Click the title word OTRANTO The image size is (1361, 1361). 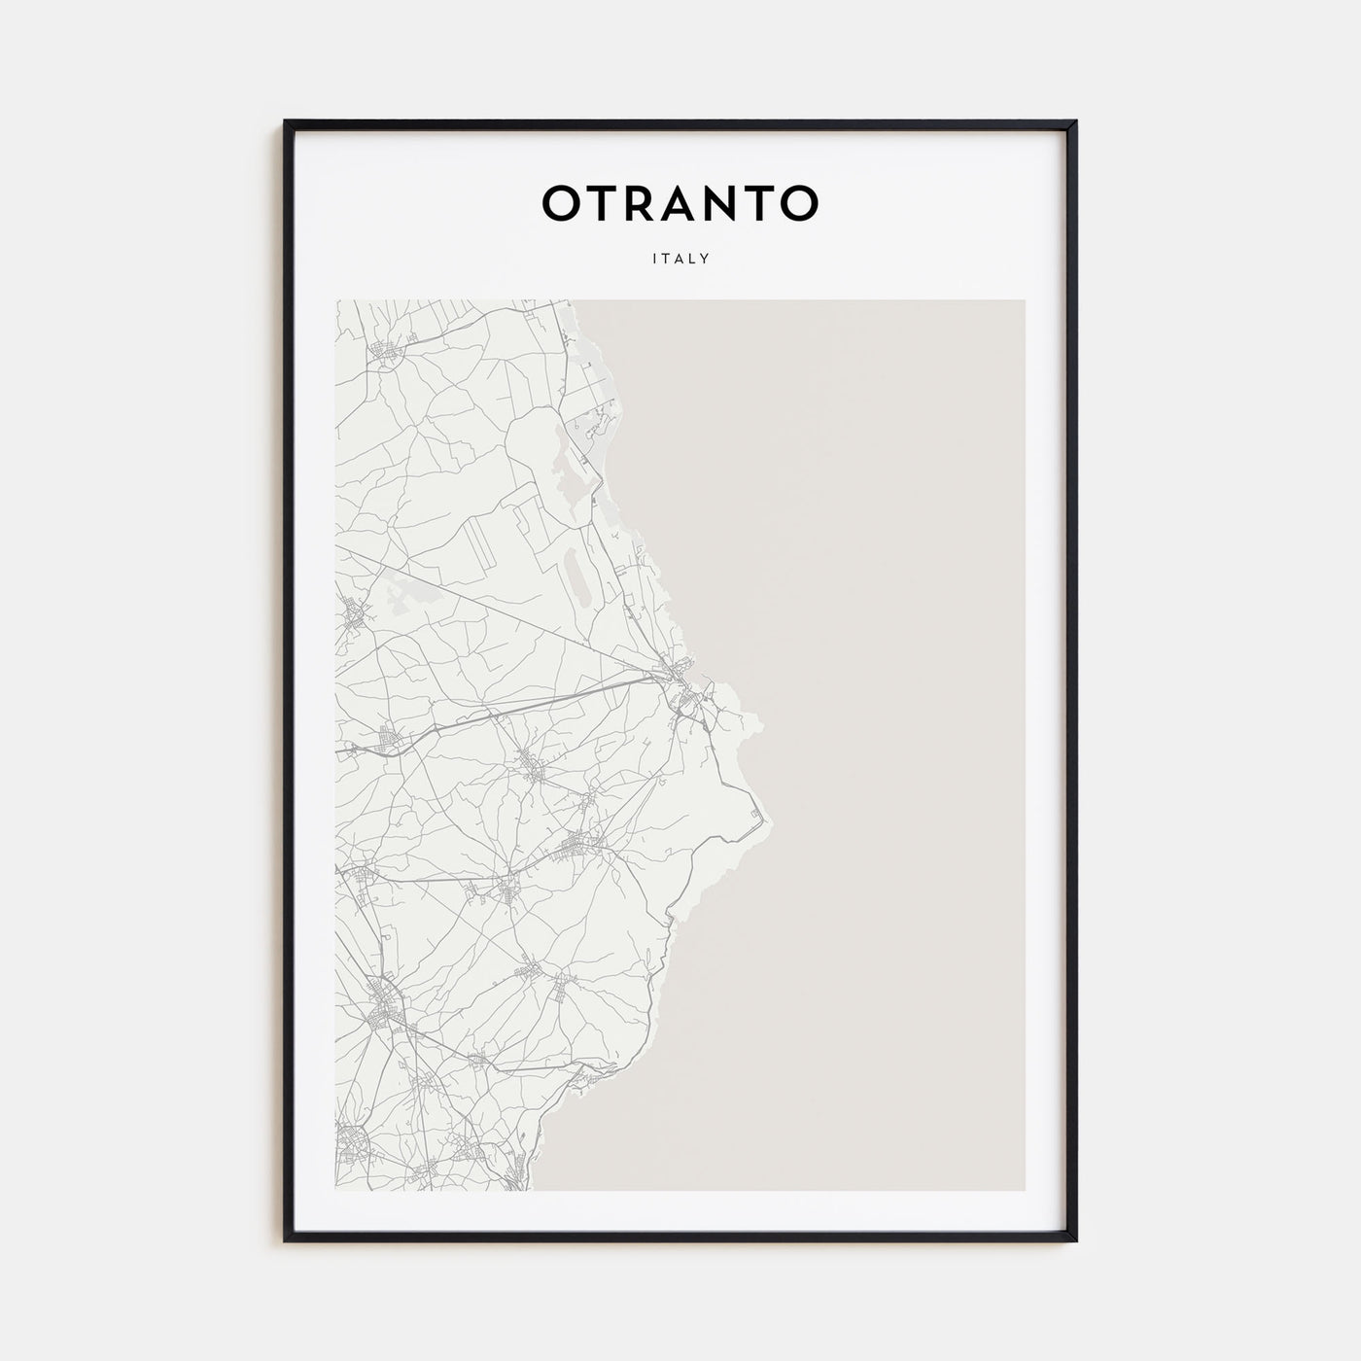680,203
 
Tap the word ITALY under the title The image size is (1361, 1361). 680,260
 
